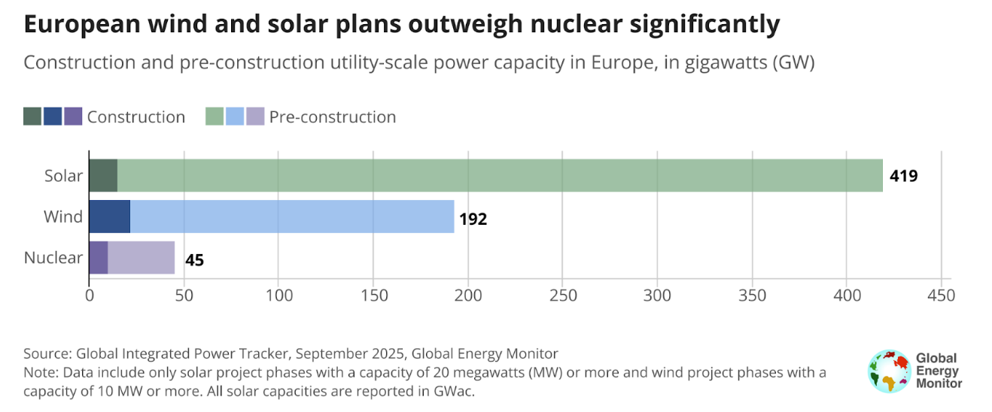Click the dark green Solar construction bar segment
point(103,176)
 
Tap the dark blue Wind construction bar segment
point(110,217)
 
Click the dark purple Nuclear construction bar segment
point(99,258)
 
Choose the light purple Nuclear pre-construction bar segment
point(141,258)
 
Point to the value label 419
point(904,177)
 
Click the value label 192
point(473,219)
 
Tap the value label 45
point(194,260)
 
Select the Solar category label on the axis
point(63,176)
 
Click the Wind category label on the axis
point(63,217)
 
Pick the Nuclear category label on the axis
point(53,258)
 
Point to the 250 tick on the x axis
point(563,295)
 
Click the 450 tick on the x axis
point(941,295)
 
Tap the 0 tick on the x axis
point(90,295)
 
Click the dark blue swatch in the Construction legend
point(53,117)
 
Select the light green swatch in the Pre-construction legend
point(215,117)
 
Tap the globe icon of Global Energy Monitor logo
point(888,371)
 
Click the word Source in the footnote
point(44,353)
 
